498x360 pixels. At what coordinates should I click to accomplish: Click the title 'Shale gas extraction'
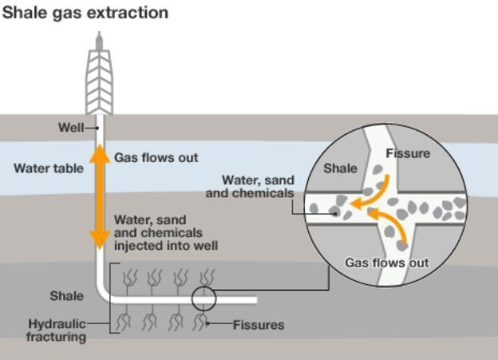(x=85, y=14)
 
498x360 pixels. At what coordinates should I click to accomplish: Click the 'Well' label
(x=71, y=128)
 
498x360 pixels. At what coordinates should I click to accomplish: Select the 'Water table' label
(x=49, y=168)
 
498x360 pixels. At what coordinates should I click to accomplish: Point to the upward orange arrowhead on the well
(x=100, y=154)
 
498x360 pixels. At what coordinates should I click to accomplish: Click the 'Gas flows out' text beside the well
(x=156, y=157)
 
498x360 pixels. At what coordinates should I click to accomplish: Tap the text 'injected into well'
(x=166, y=246)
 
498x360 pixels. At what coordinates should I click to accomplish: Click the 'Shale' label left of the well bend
(x=67, y=296)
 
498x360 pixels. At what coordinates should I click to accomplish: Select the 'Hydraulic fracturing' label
(x=57, y=330)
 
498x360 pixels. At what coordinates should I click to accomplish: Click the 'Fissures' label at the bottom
(x=259, y=325)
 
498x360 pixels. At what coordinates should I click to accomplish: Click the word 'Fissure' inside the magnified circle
(x=408, y=153)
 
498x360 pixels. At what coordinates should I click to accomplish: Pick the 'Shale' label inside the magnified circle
(x=340, y=168)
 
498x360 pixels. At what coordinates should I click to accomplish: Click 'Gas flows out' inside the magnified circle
(x=387, y=263)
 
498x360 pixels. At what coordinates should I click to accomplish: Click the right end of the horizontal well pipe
(x=256, y=300)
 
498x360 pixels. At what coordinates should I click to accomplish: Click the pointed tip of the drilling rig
(x=100, y=32)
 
